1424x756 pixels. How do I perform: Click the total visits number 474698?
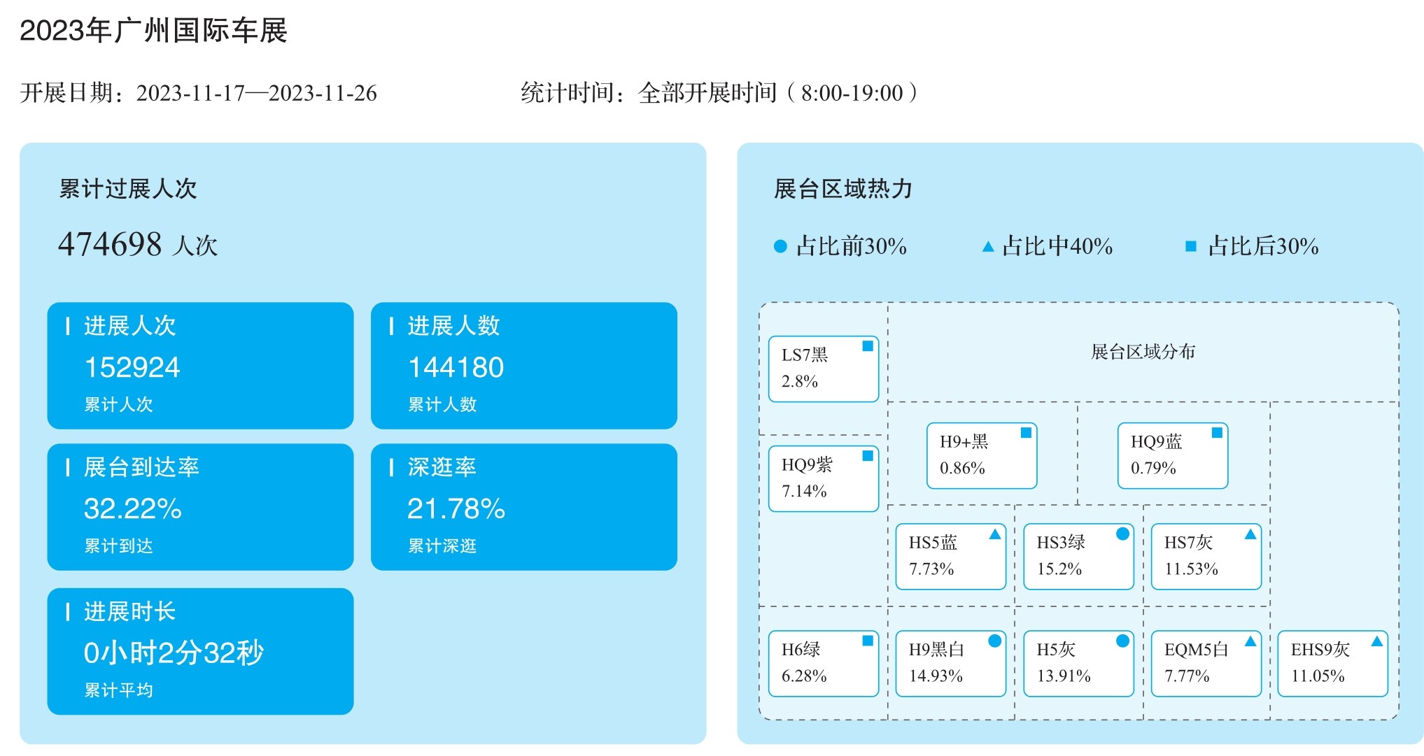tap(110, 244)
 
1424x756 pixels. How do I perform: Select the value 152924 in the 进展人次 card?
tap(132, 367)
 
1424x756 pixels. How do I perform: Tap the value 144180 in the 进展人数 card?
tap(456, 367)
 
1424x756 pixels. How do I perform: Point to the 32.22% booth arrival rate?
tap(133, 508)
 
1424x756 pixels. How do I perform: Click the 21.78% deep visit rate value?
tap(456, 508)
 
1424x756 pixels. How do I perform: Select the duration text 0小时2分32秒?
tap(174, 652)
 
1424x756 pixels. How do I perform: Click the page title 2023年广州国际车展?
tap(153, 31)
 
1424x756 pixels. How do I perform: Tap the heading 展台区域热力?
tap(843, 189)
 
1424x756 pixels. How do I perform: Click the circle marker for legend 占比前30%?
tap(780, 246)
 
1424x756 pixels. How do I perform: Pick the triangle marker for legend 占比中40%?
tap(988, 246)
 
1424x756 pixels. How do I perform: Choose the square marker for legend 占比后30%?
tap(1190, 246)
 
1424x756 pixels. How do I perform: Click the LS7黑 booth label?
tap(805, 355)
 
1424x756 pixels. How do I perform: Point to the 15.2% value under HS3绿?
tap(1059, 569)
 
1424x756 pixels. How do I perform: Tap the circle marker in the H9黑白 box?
tap(994, 641)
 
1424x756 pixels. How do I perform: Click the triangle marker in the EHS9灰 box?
tap(1376, 641)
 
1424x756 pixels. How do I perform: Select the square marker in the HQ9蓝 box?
tap(1217, 432)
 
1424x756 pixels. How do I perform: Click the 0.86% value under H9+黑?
tap(962, 469)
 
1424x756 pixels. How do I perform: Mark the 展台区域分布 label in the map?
tap(1143, 352)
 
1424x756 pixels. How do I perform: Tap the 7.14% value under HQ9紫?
tap(804, 492)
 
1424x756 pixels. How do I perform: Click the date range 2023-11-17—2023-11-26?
tap(257, 93)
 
